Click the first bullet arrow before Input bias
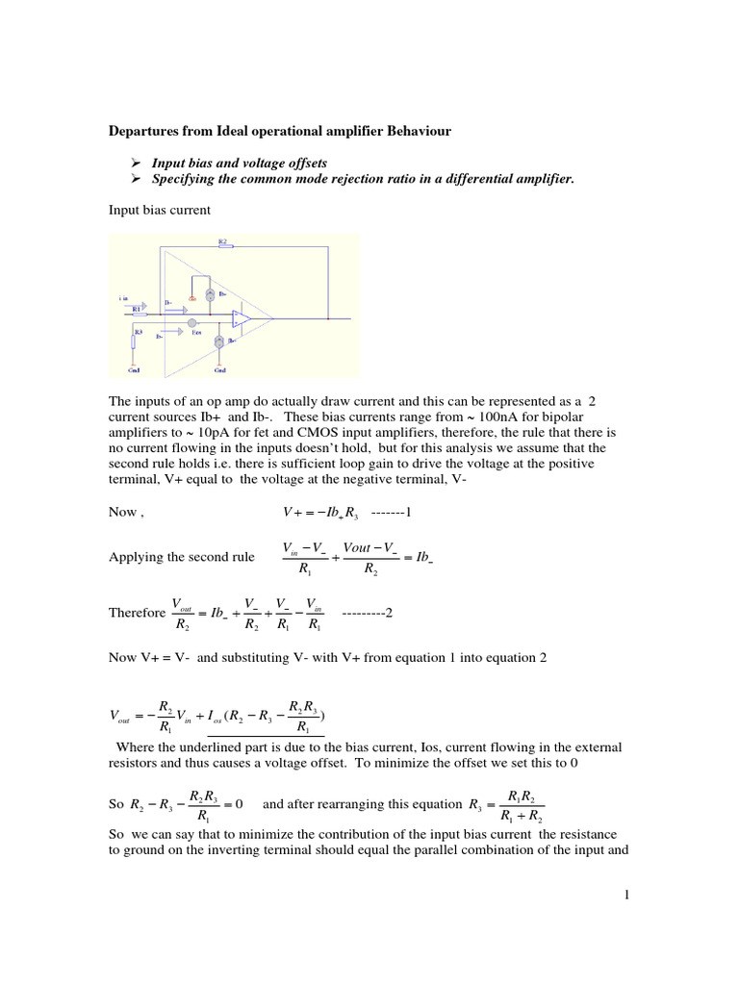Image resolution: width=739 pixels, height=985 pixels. pos(135,164)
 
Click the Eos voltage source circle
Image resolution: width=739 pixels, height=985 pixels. pos(192,323)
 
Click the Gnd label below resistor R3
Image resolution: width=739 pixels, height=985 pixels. pos(134,368)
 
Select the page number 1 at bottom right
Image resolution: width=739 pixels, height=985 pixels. pos(625,896)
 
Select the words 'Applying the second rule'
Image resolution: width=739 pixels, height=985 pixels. pos(182,557)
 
